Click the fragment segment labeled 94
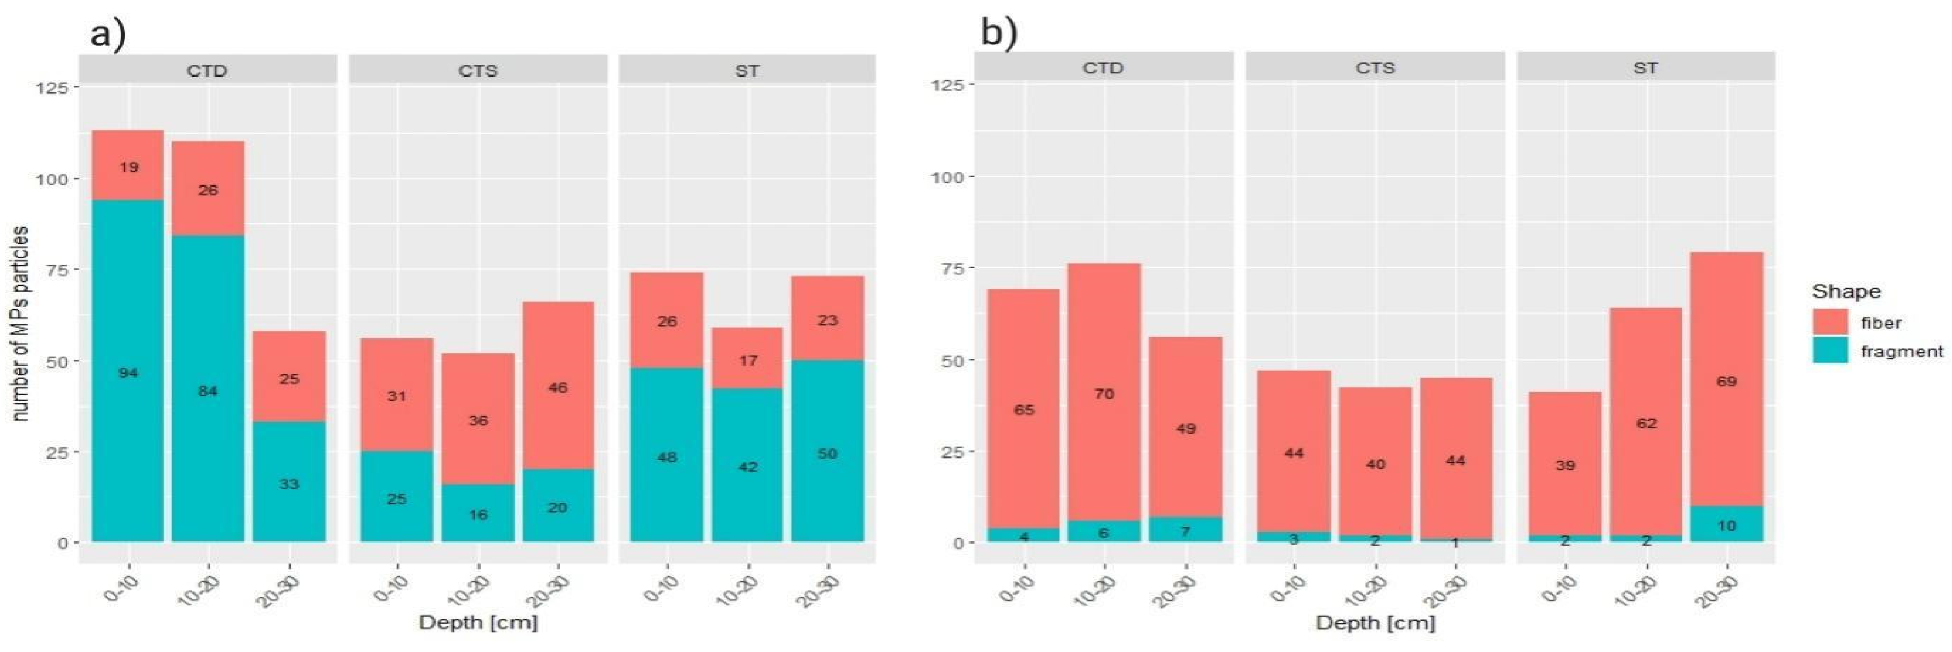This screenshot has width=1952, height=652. tap(127, 371)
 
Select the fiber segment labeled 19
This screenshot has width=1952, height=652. tap(127, 165)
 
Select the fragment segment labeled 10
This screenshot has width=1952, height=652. tap(1726, 524)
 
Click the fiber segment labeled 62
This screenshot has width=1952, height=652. tap(1646, 422)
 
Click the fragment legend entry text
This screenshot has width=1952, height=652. tap(1902, 352)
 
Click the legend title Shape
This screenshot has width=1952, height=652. tap(1846, 292)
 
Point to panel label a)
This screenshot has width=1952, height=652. tap(108, 33)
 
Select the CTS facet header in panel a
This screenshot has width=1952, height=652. tap(478, 71)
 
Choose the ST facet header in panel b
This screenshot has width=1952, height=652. tap(1644, 68)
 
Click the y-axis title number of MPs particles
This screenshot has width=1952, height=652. tap(21, 323)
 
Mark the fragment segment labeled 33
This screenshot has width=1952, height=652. tap(289, 483)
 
